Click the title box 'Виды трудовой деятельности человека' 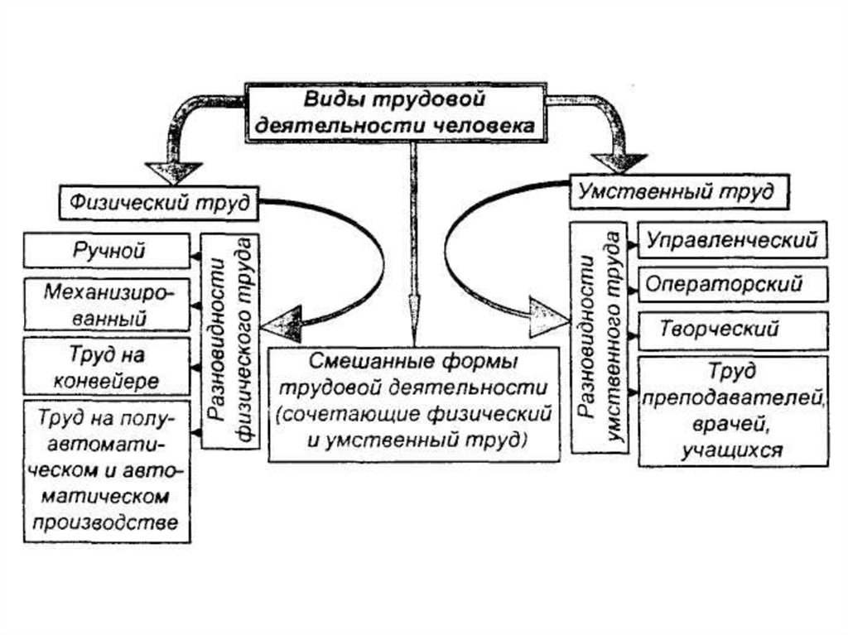pos(398,113)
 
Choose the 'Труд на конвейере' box pos(108,367)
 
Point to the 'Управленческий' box pos(732,241)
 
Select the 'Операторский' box pos(732,284)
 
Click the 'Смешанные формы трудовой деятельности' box pos(415,402)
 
